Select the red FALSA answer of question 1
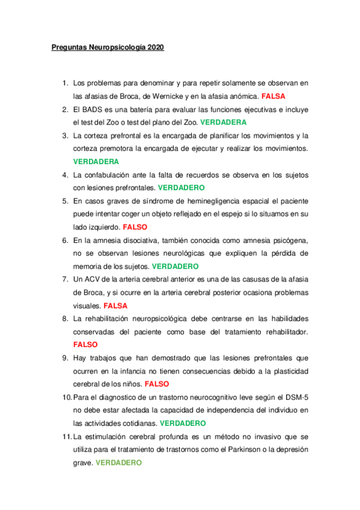(273, 96)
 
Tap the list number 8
(66, 318)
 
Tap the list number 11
(65, 436)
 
